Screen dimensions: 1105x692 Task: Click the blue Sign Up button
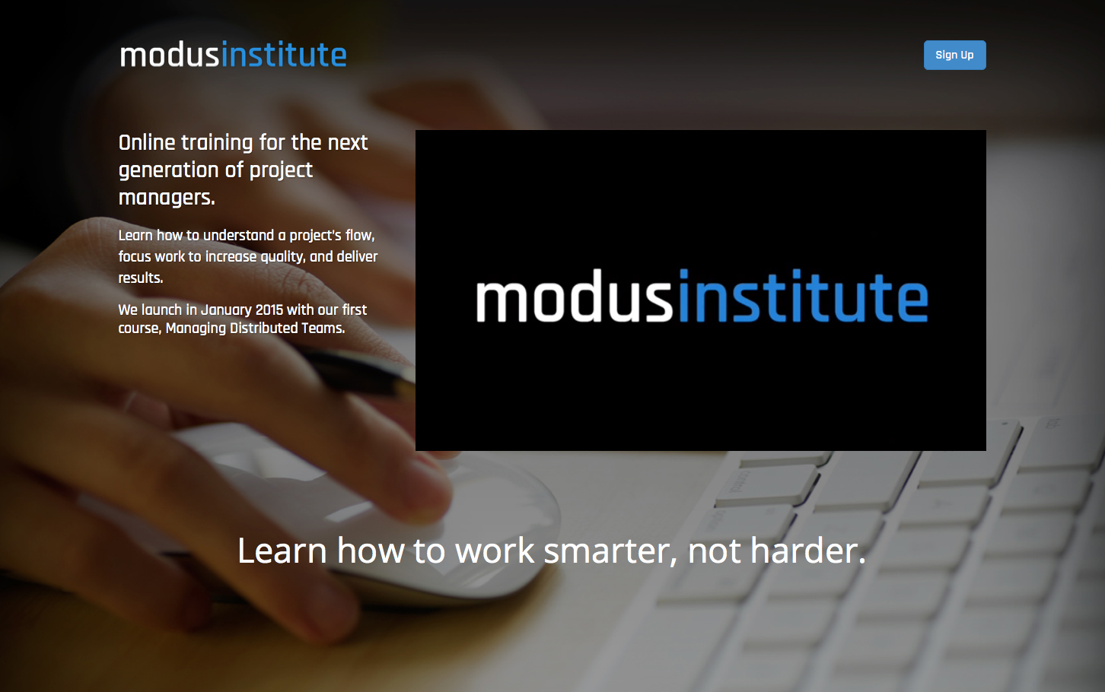point(954,56)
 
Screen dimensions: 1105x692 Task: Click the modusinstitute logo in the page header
point(234,54)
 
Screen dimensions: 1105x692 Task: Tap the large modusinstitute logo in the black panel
point(702,296)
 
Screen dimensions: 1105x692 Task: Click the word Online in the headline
point(147,142)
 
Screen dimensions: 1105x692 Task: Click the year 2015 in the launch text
point(269,309)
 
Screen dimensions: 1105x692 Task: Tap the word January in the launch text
point(227,310)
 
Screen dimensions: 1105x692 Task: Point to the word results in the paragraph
point(140,278)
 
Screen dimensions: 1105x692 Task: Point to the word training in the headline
point(217,144)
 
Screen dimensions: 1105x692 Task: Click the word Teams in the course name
point(323,329)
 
